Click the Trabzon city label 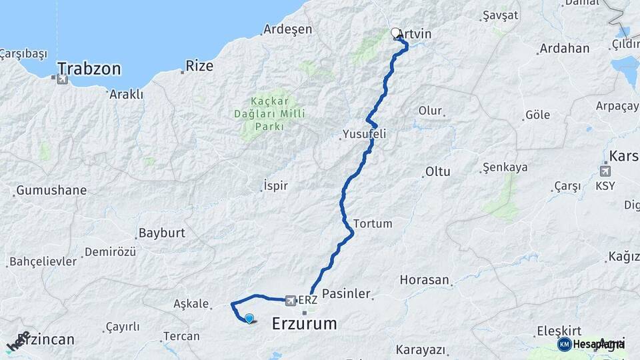89,68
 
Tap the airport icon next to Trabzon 63,80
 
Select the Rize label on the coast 199,66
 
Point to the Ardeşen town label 287,29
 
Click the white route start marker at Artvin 396,33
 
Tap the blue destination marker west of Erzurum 249,319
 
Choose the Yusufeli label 364,134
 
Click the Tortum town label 373,223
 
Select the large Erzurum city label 305,325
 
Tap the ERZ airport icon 291,301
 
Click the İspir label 275,185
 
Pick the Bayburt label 161,233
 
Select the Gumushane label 51,190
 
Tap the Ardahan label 565,49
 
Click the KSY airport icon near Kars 605,169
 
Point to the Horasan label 425,280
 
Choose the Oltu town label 437,171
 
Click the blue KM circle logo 564,344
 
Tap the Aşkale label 191,303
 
